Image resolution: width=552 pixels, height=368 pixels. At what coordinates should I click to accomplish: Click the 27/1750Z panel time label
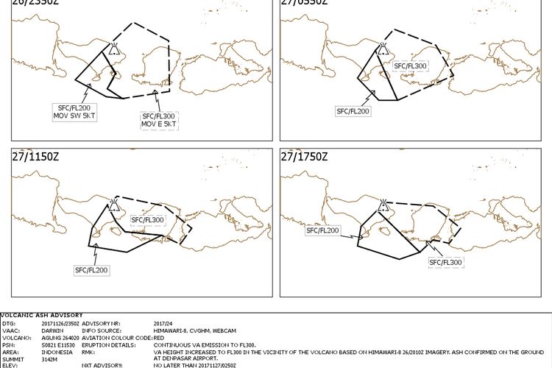click(x=304, y=157)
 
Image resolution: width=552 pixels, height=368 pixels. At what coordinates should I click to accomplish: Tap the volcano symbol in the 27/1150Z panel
click(x=114, y=205)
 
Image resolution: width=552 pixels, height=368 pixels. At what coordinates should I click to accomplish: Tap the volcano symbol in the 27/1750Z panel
click(x=383, y=204)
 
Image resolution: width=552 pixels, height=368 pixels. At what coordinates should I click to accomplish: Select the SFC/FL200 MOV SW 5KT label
click(x=74, y=112)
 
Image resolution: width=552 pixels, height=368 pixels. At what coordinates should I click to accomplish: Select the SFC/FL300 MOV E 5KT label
click(x=159, y=119)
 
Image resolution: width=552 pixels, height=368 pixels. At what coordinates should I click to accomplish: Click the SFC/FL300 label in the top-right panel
click(x=411, y=66)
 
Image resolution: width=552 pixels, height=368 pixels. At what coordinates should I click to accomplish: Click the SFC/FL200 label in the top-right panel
click(x=353, y=111)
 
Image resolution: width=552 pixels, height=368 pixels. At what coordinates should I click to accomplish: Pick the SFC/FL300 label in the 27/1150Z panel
click(x=147, y=219)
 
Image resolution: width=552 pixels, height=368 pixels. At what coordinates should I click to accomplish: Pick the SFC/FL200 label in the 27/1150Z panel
click(x=91, y=270)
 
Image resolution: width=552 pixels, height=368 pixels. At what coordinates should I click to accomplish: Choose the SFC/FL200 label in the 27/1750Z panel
click(x=323, y=230)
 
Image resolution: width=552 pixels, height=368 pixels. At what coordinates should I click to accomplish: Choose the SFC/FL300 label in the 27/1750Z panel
click(x=446, y=262)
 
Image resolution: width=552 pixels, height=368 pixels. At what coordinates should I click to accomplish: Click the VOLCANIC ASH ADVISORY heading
click(x=42, y=316)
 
